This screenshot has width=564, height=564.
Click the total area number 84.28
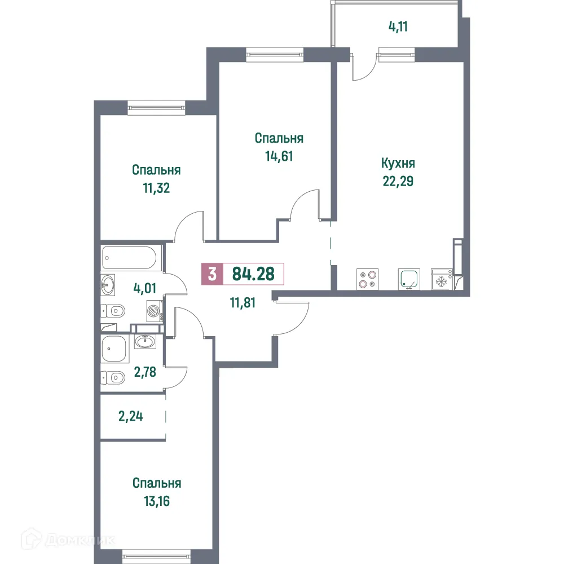[x=253, y=274]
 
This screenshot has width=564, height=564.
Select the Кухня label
[x=398, y=164]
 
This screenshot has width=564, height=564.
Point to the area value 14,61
[x=279, y=156]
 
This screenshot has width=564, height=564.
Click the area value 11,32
[x=156, y=188]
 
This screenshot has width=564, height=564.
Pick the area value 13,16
[x=157, y=501]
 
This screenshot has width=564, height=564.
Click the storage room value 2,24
[x=131, y=417]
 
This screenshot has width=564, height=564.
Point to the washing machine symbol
[x=154, y=311]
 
